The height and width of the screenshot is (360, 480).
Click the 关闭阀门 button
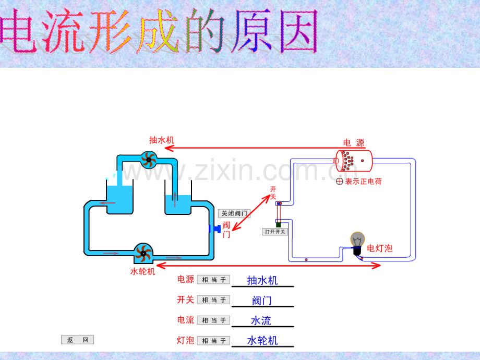(x=234, y=213)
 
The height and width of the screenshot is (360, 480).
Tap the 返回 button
(x=77, y=340)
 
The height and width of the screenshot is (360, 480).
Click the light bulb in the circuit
(x=357, y=243)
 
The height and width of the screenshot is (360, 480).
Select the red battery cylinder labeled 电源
(x=354, y=161)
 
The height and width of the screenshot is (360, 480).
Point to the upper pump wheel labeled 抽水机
(x=149, y=160)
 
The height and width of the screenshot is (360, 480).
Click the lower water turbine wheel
(x=143, y=253)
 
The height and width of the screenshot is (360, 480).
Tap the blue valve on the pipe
(x=215, y=229)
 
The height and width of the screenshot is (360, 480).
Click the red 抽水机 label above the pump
(x=162, y=140)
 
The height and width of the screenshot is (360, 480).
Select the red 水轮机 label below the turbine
(x=142, y=271)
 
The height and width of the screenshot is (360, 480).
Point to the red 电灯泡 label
(x=380, y=248)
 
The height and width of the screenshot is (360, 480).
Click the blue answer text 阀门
(x=262, y=301)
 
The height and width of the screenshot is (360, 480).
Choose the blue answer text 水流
(x=261, y=321)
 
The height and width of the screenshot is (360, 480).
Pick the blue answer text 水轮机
(x=262, y=340)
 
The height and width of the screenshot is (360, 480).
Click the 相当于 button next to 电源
(x=214, y=280)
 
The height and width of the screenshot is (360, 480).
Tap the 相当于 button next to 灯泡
(x=214, y=341)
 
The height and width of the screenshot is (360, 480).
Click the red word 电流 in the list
(x=186, y=320)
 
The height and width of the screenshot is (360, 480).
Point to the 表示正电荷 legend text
(x=363, y=182)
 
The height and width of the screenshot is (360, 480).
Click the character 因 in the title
(x=299, y=31)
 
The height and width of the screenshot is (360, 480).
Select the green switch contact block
(x=278, y=225)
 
